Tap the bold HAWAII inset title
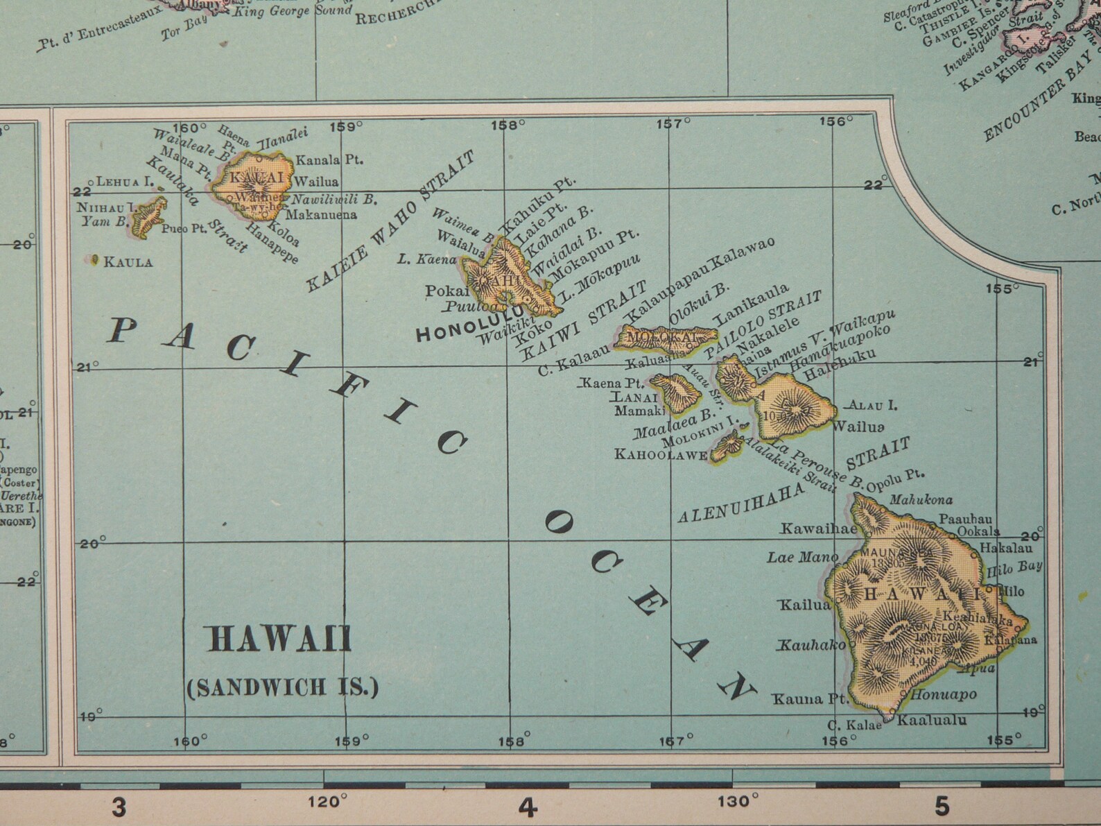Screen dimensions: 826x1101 pos(280,639)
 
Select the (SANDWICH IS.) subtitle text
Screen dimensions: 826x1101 pos(283,687)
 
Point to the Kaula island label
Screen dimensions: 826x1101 pos(128,262)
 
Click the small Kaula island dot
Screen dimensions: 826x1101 pos(94,260)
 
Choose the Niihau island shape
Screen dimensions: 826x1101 pos(148,217)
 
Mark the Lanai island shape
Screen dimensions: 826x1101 pos(674,393)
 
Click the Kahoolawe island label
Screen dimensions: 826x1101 pos(661,455)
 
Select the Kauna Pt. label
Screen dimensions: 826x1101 pos(806,698)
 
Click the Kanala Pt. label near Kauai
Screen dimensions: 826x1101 pos(329,160)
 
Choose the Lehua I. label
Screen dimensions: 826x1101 pos(124,182)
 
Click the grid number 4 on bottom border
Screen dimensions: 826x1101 pos(528,807)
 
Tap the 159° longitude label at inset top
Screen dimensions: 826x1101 pos(346,127)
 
